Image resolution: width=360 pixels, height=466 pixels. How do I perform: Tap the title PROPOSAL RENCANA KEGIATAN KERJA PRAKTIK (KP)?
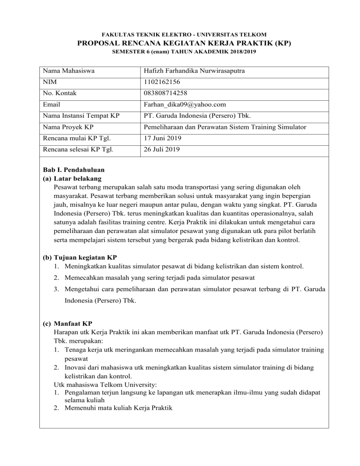(180, 44)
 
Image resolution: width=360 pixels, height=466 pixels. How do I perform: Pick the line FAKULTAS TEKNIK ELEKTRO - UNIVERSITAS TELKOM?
(180, 34)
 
